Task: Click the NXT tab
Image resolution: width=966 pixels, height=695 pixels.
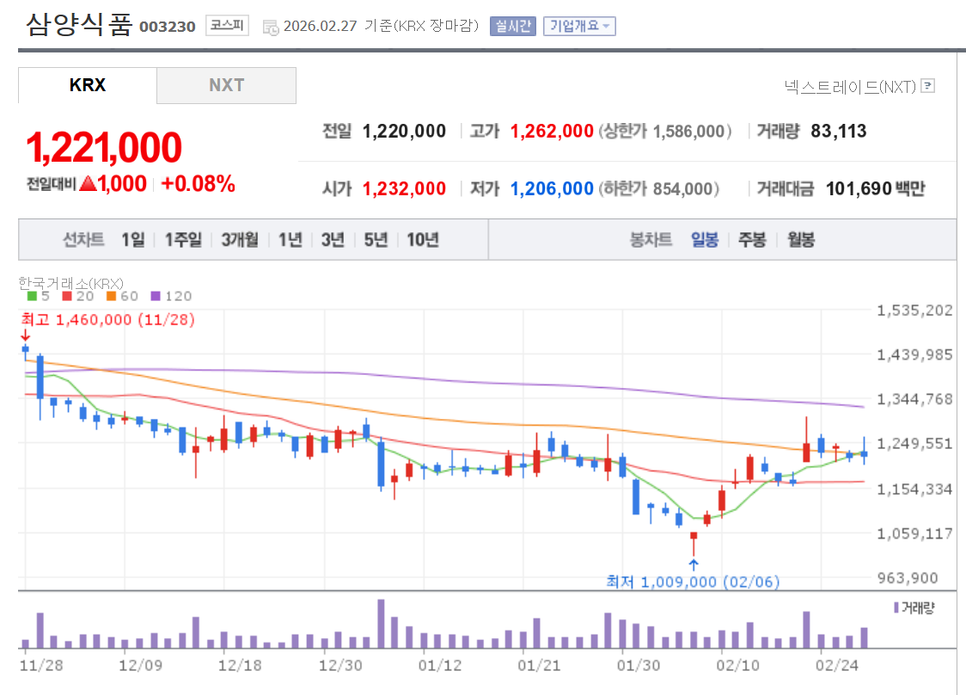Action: click(226, 85)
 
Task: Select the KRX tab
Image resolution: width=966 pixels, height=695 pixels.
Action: click(88, 85)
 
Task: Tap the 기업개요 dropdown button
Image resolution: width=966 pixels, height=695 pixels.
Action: click(579, 26)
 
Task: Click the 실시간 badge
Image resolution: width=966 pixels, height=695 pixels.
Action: click(513, 26)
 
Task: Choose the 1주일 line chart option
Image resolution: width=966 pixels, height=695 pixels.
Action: click(183, 239)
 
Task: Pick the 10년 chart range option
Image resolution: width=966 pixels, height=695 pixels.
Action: click(423, 239)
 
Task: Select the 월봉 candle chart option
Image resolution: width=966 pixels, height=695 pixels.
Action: click(801, 239)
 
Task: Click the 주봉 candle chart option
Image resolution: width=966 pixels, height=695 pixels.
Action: click(752, 239)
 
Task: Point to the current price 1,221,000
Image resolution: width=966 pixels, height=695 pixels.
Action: click(104, 148)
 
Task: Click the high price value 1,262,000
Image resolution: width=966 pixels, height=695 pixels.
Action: click(552, 131)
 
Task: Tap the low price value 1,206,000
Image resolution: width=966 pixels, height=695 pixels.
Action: click(552, 188)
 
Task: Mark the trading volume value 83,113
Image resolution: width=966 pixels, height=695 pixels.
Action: click(838, 131)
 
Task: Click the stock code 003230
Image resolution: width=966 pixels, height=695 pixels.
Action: click(167, 27)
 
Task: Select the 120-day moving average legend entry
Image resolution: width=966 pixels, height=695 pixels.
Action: click(172, 296)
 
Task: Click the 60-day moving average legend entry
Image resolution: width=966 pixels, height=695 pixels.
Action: click(123, 296)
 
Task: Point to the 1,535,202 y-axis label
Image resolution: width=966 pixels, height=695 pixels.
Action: click(914, 310)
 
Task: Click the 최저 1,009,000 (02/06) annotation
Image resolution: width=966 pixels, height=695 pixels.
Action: click(694, 582)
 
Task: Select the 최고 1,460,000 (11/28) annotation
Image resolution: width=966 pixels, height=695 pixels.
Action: click(108, 319)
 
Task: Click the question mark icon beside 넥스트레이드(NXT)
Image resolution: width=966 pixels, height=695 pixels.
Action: click(927, 86)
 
